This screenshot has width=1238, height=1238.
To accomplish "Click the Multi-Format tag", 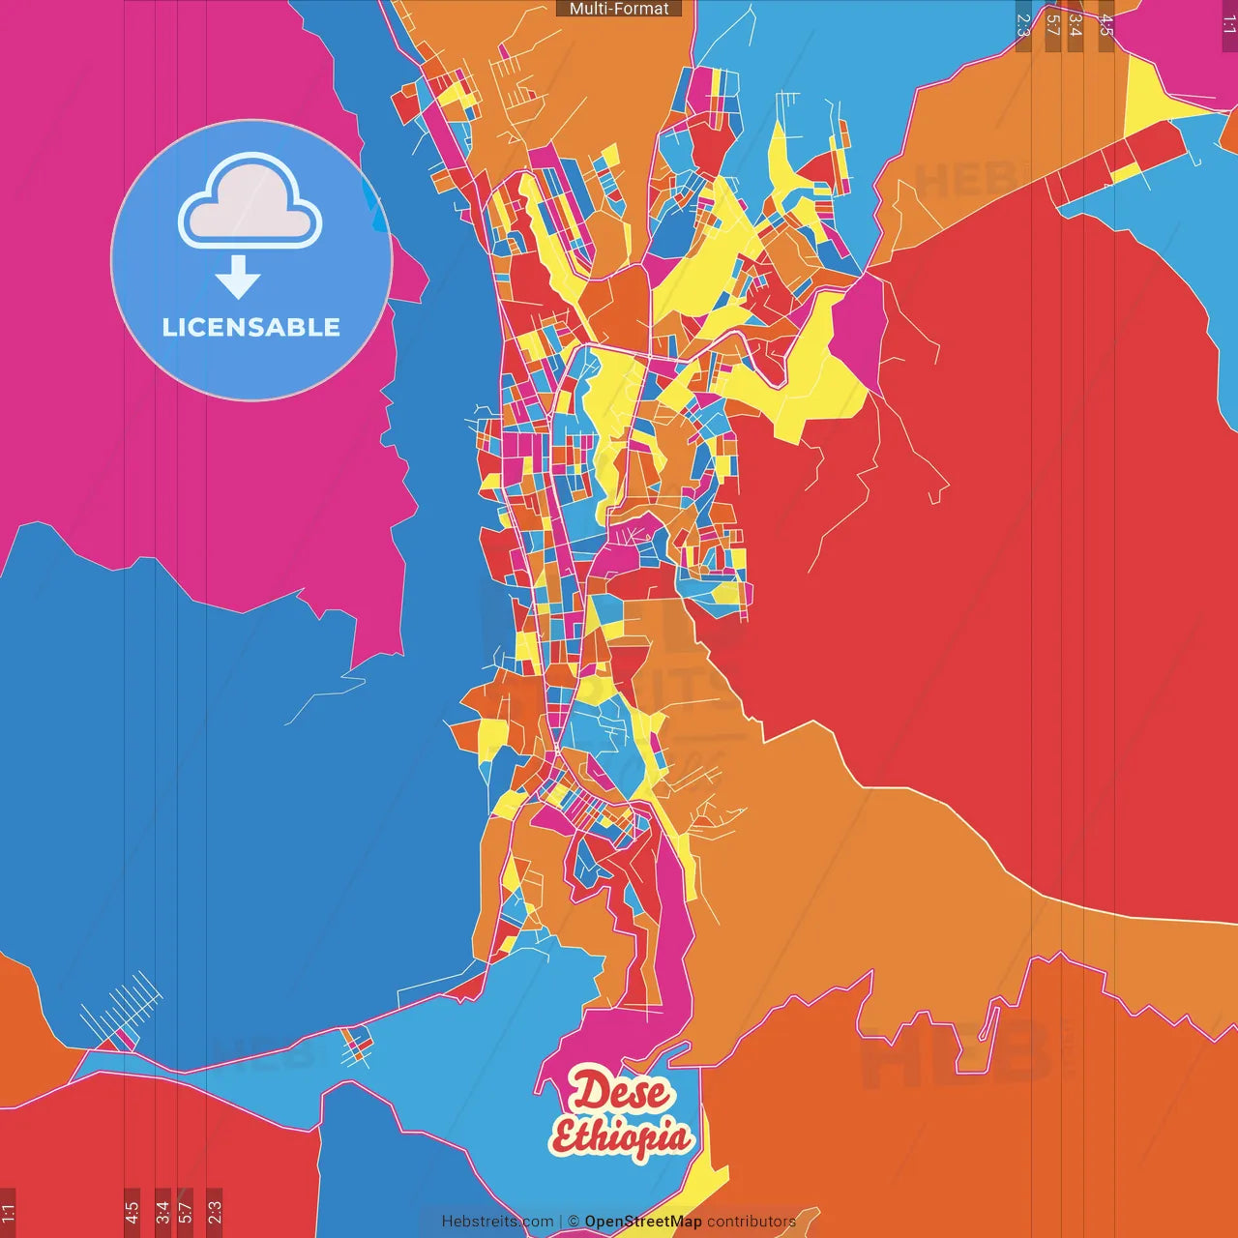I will (x=619, y=9).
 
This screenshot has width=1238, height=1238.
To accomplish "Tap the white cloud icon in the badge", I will (x=251, y=200).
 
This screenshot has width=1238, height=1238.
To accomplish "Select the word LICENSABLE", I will (x=251, y=327).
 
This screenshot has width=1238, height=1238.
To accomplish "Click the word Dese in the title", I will (x=619, y=1092).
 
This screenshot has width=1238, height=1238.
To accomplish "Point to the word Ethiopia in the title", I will (x=621, y=1136).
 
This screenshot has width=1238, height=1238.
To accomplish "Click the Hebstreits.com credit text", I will (x=497, y=1222).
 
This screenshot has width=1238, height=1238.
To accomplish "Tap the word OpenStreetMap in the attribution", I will (x=642, y=1222).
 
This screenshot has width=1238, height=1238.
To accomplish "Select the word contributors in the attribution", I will (x=752, y=1222).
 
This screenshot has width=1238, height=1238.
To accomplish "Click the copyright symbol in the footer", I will (x=574, y=1222).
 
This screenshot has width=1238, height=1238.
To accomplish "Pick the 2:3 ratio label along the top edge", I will (x=1023, y=25).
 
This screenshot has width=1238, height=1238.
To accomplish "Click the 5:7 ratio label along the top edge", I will (x=1052, y=25).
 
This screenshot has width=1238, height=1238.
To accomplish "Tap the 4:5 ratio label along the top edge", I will (x=1106, y=25).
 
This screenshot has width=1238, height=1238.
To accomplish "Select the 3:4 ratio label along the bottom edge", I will (x=162, y=1212).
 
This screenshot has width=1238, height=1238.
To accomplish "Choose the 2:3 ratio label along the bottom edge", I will (x=214, y=1212).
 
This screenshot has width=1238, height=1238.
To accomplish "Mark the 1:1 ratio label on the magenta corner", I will (x=1228, y=25).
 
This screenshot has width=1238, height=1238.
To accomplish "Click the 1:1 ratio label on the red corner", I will (x=8, y=1212).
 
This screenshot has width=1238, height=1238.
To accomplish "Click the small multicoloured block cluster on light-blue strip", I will (x=357, y=1046).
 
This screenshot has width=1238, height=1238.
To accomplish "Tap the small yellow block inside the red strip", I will (x=1124, y=174).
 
